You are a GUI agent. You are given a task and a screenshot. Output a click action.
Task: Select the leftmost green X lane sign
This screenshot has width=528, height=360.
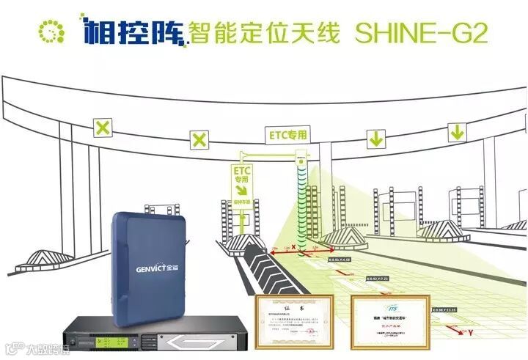[x=103, y=128]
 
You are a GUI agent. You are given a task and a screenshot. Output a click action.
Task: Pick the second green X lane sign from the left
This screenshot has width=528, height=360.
[x=199, y=138]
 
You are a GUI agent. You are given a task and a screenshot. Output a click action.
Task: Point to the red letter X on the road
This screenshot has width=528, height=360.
[x=293, y=248]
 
